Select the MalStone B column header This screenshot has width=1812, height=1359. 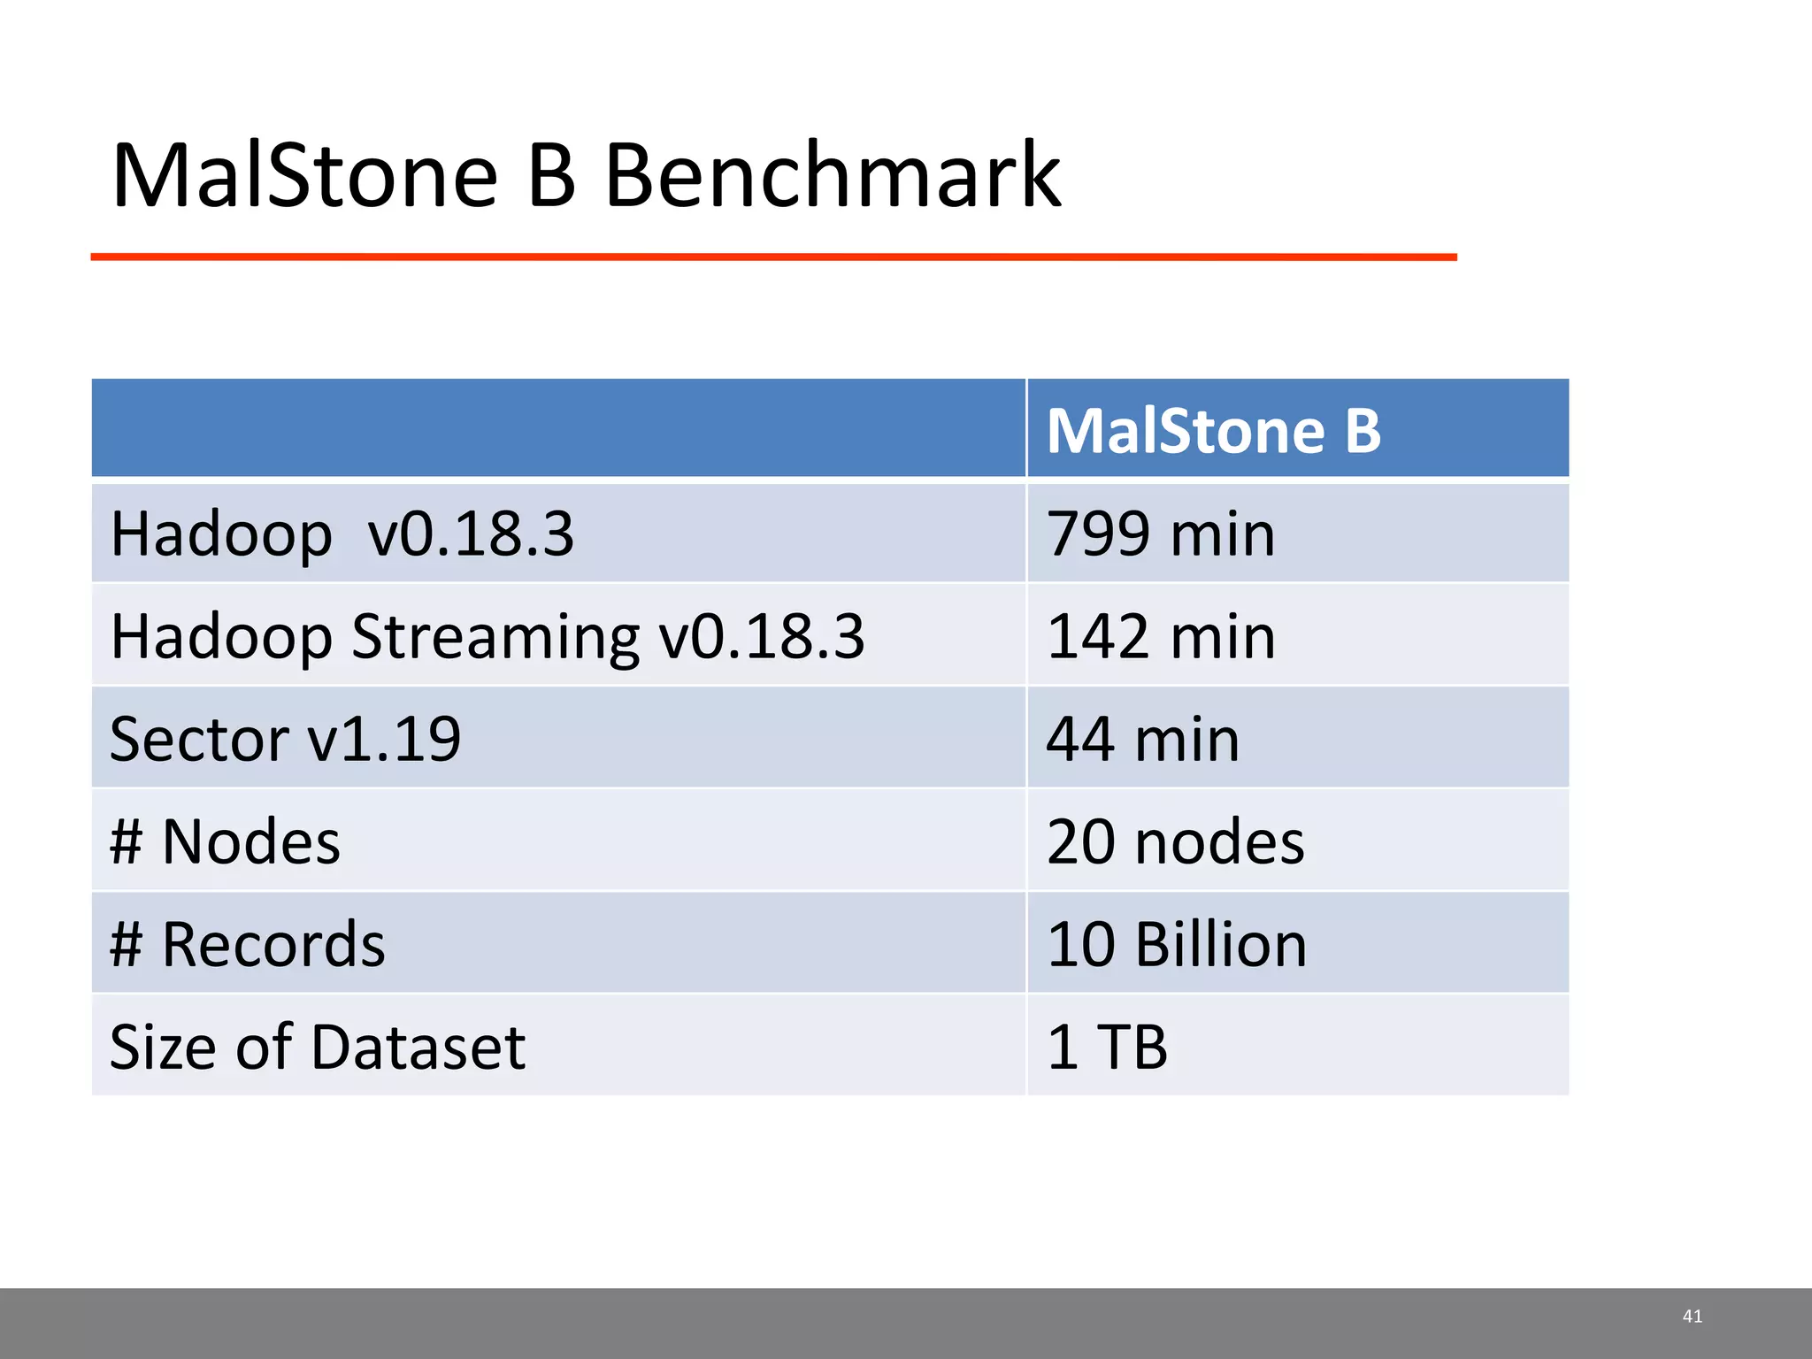(1213, 431)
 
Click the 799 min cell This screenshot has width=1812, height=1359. (1160, 534)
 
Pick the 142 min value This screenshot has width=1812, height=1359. (1160, 636)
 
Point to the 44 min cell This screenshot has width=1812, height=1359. (1142, 739)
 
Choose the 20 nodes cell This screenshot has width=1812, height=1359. (1175, 841)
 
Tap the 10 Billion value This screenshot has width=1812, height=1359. (1176, 944)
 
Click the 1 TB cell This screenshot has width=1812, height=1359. (1107, 1047)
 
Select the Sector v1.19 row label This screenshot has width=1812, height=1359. (285, 739)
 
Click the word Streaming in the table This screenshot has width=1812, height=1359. (495, 638)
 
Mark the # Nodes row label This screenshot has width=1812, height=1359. (225, 841)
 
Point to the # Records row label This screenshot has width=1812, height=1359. (247, 944)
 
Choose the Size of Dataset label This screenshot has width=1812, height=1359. (317, 1047)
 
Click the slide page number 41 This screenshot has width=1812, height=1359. (1692, 1317)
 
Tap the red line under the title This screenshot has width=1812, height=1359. (773, 257)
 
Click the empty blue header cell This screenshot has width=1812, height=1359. (557, 428)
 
